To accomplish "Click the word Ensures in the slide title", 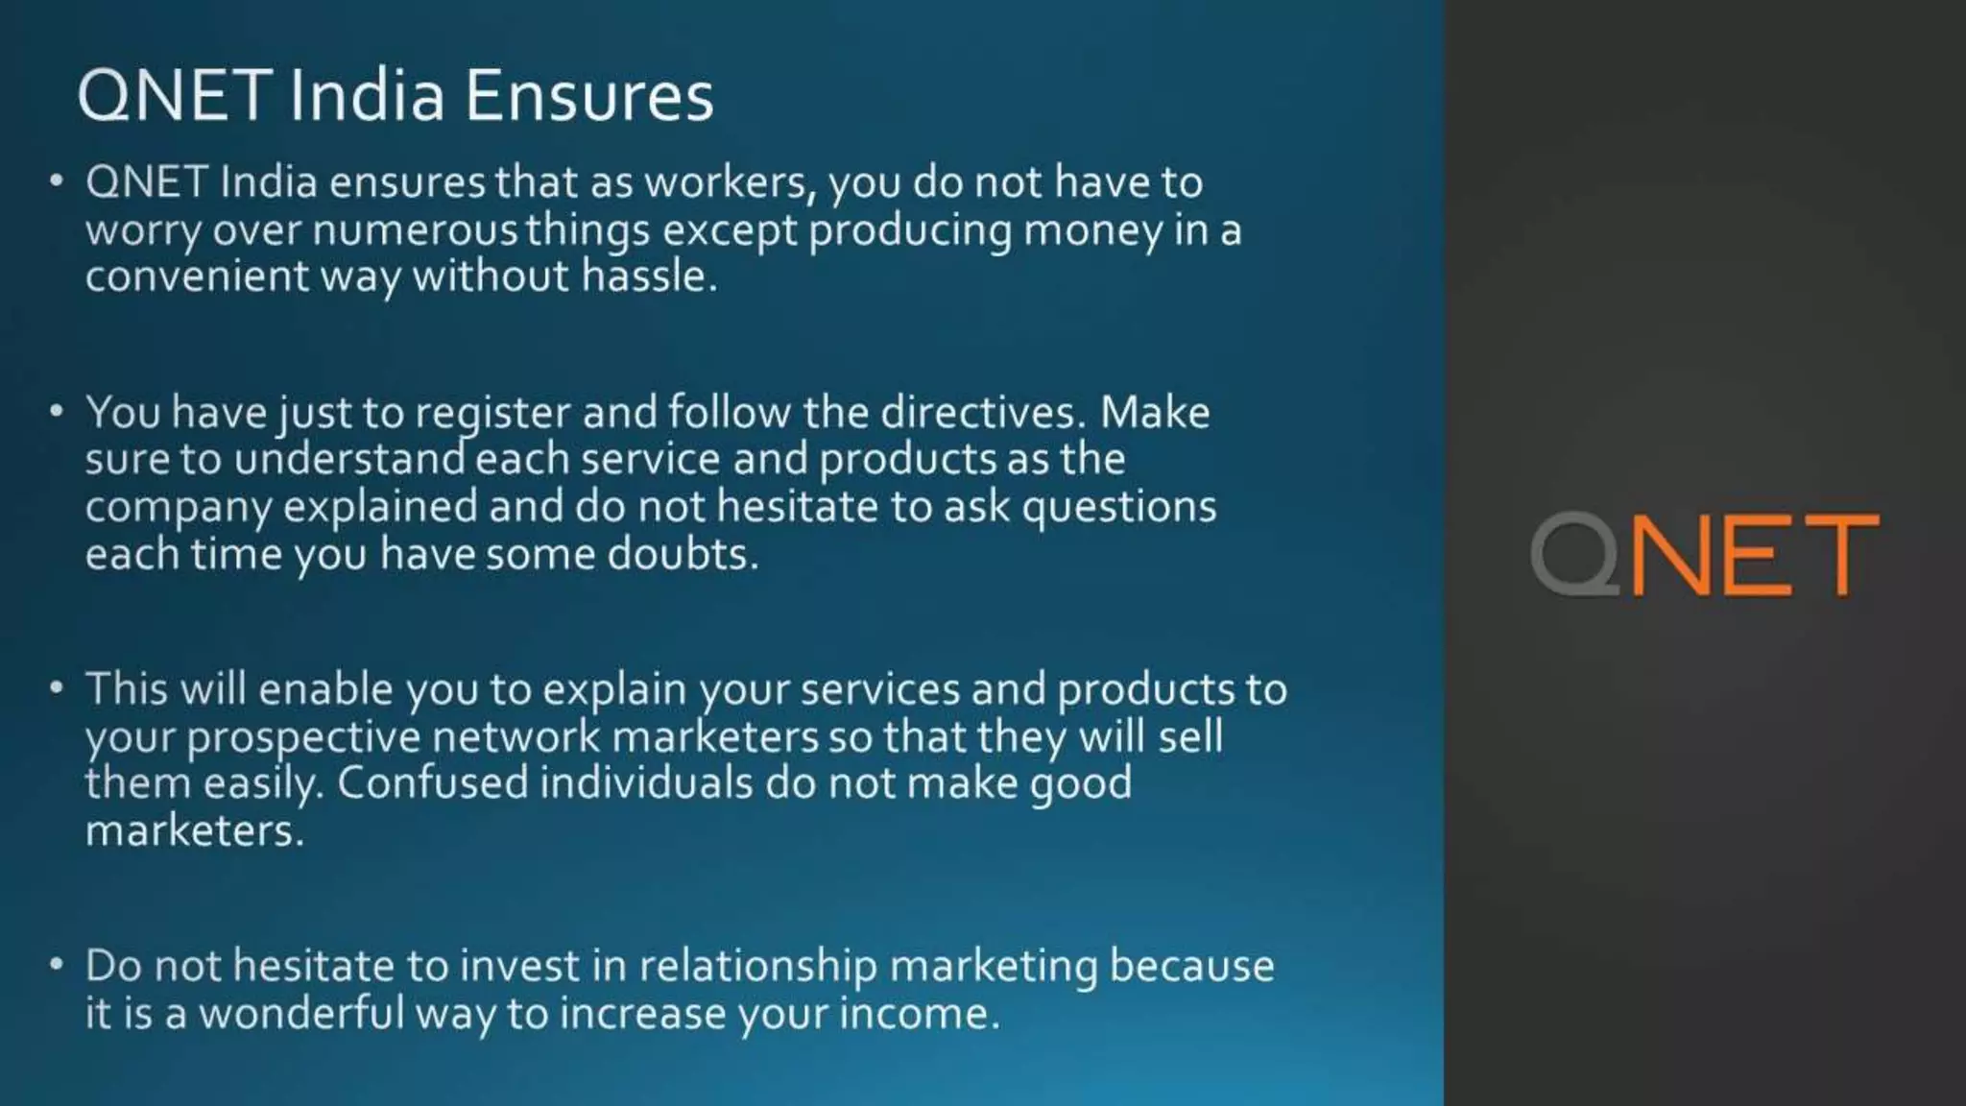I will click(x=589, y=96).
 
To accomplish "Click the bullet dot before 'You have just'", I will click(x=57, y=411).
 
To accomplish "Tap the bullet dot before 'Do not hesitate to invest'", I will click(x=57, y=964).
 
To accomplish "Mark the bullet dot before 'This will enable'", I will click(x=57, y=687).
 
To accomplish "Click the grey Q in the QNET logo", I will click(x=1574, y=555).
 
